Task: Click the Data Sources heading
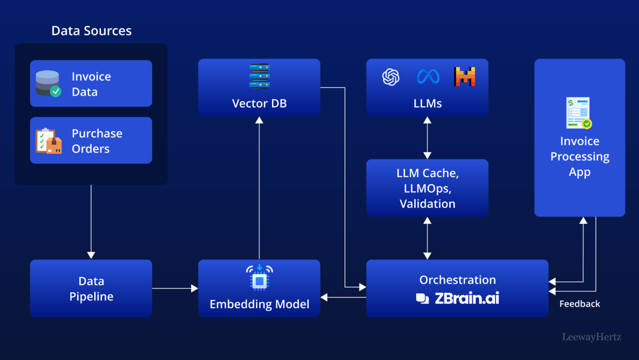(x=91, y=31)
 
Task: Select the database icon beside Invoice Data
(x=48, y=83)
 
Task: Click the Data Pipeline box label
(x=91, y=289)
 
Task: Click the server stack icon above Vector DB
(x=259, y=76)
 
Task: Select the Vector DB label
(x=259, y=103)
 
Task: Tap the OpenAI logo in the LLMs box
(x=391, y=77)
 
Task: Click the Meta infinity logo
(x=428, y=77)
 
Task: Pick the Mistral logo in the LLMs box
(x=464, y=77)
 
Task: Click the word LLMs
(x=427, y=103)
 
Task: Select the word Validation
(x=427, y=204)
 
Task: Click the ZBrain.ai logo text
(x=466, y=298)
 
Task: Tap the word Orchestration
(x=457, y=280)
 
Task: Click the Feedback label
(x=580, y=304)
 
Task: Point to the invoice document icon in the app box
(x=579, y=113)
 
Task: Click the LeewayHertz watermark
(x=592, y=337)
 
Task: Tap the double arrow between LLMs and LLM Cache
(x=427, y=138)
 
